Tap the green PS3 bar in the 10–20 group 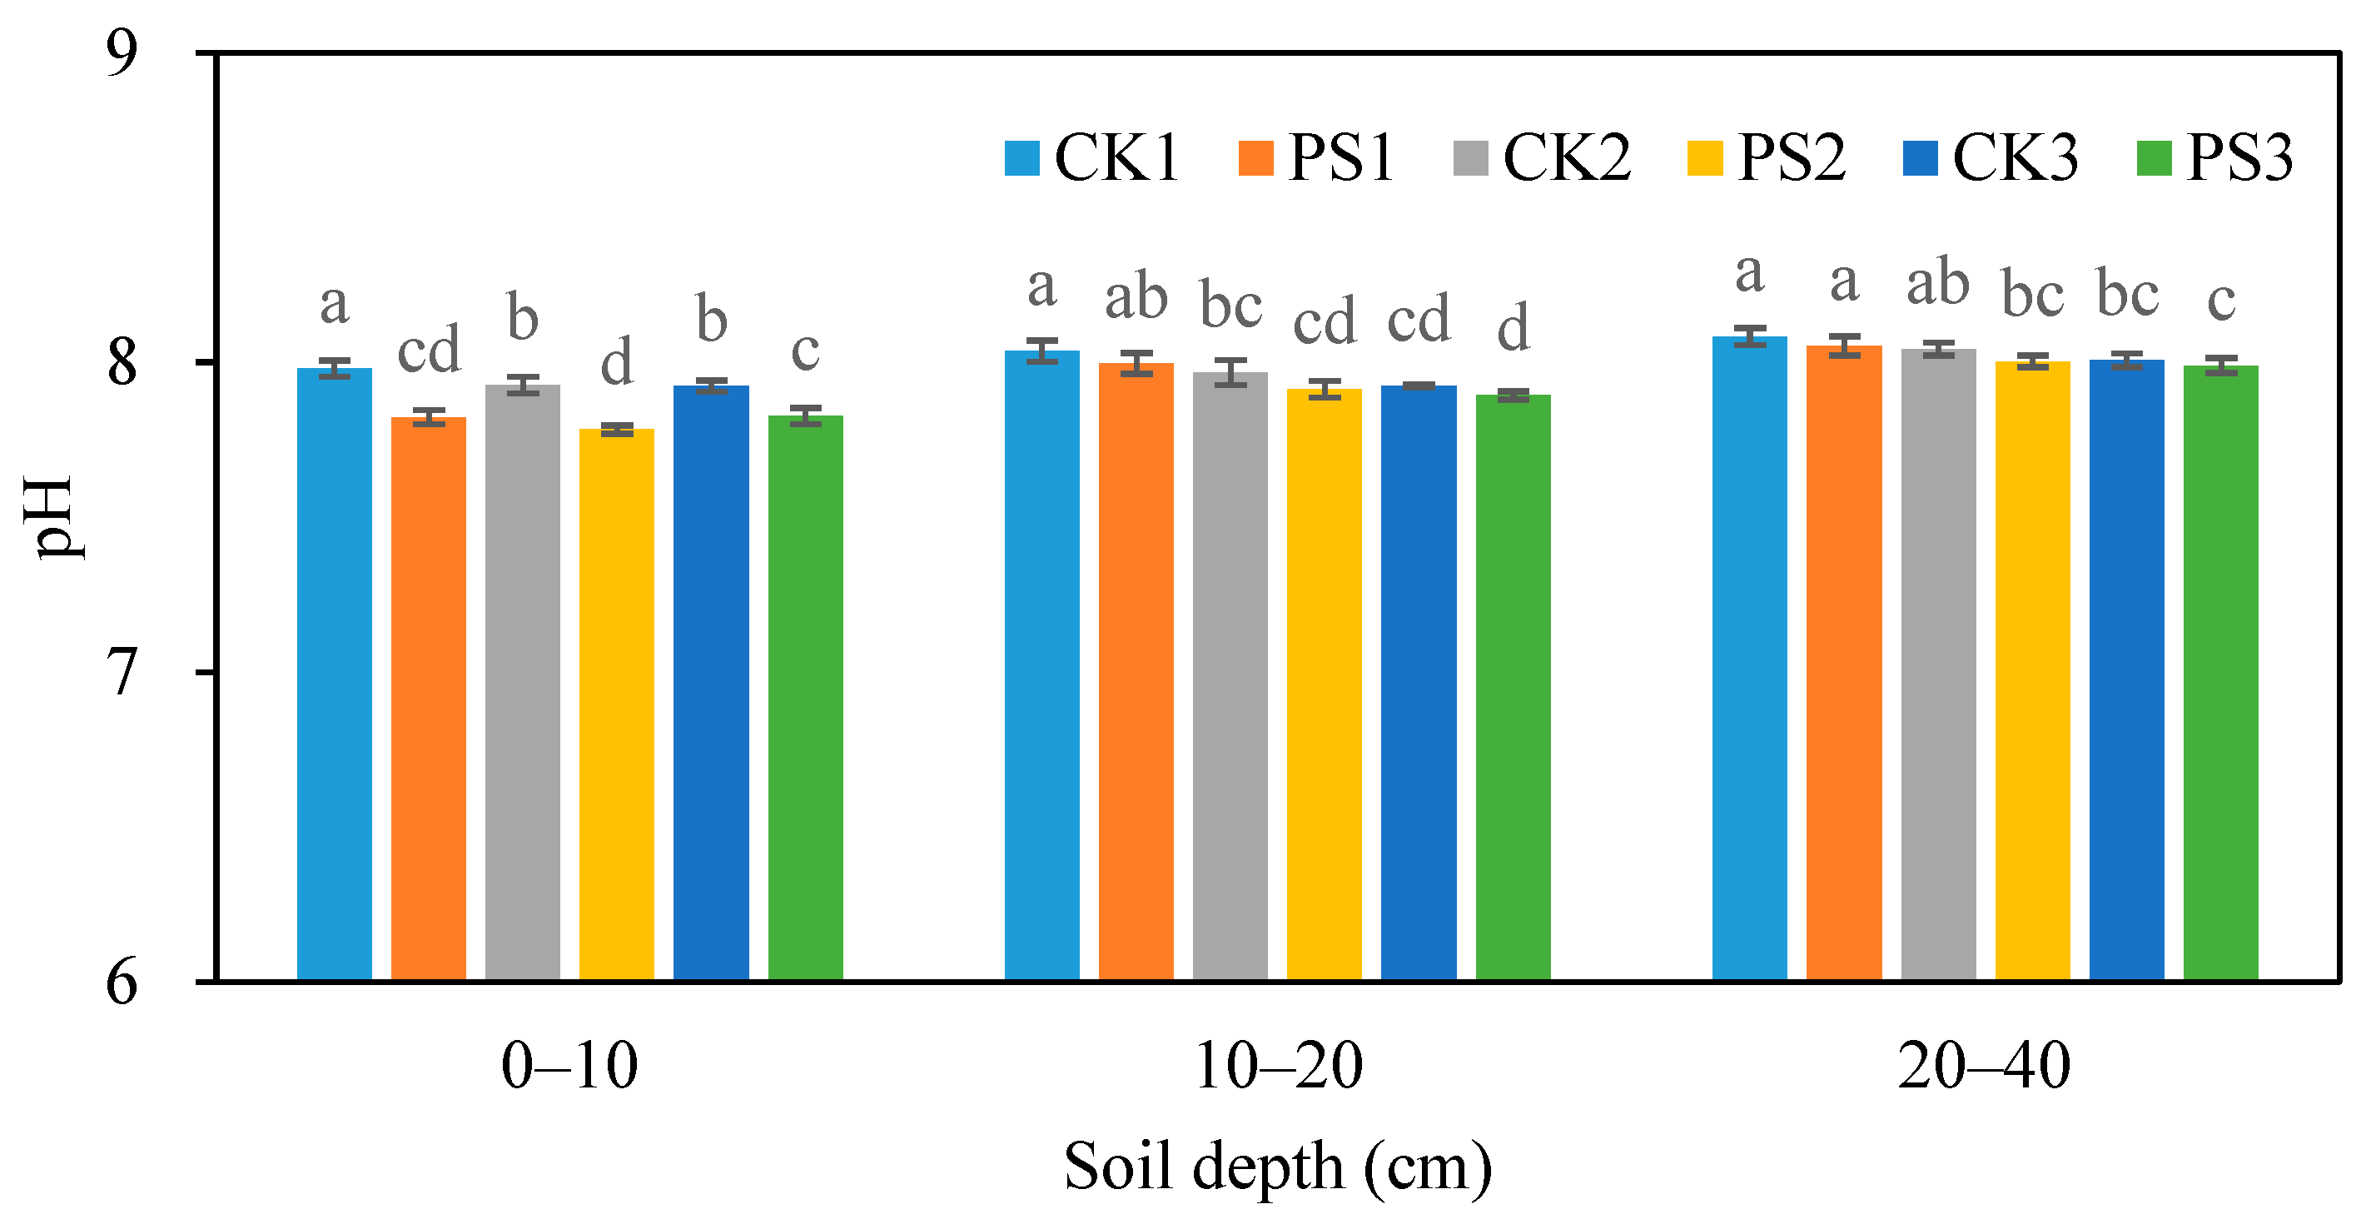click(1513, 688)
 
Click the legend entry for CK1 click(1091, 157)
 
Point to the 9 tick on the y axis click(122, 54)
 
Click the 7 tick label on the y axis click(122, 673)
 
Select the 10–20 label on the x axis click(1278, 1067)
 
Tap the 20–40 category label click(1985, 1067)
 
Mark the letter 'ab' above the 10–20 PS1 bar click(1136, 298)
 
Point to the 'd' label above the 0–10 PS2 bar click(617, 361)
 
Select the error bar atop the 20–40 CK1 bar click(1750, 336)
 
